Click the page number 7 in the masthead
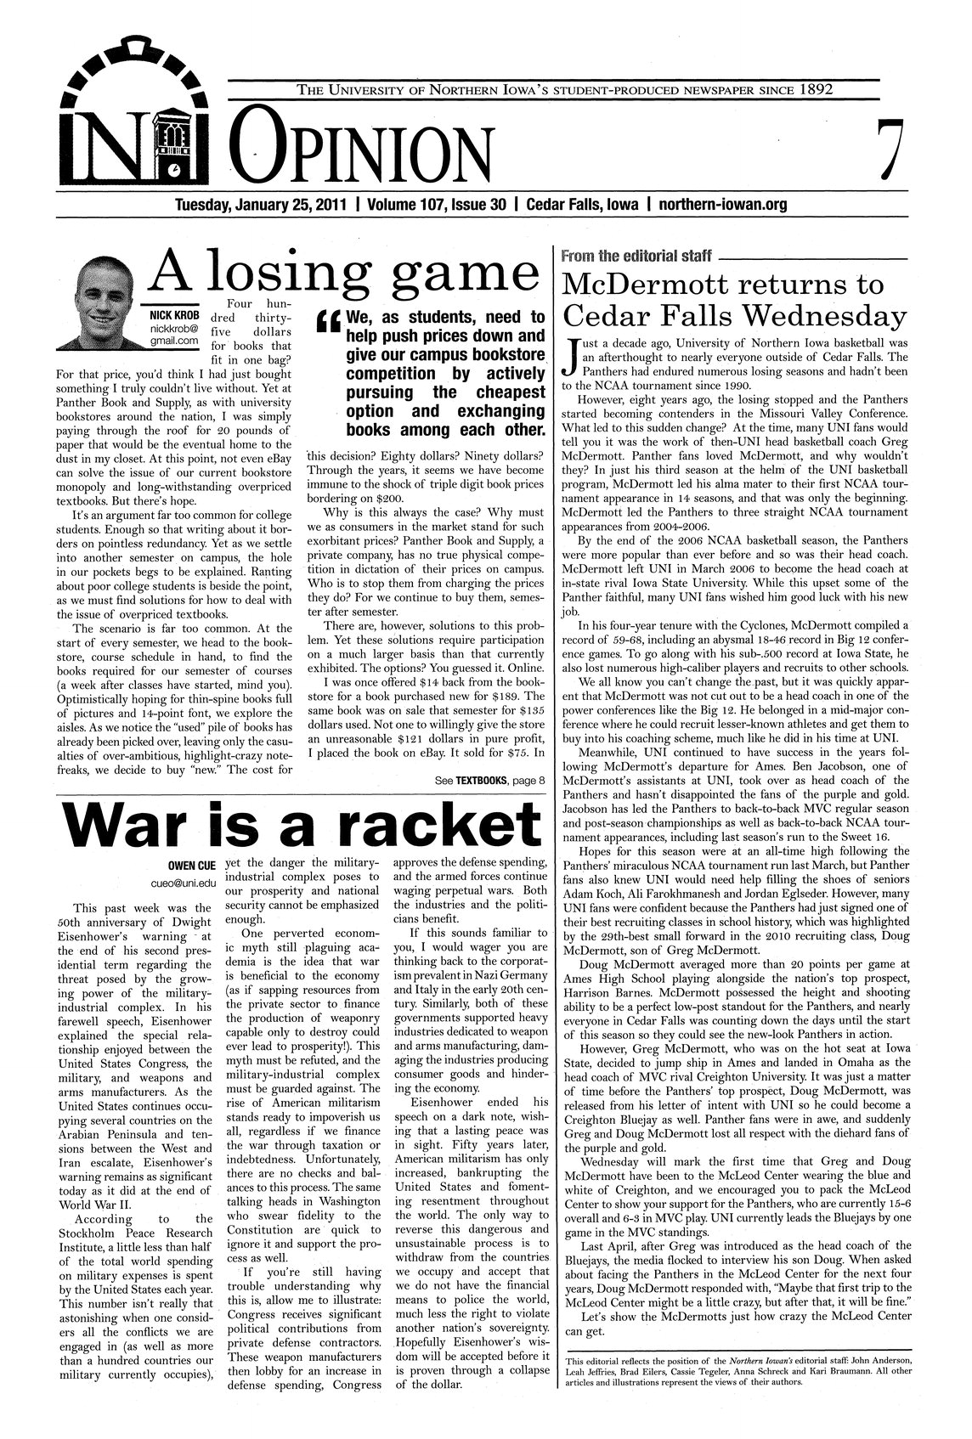tap(884, 150)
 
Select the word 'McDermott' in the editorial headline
tap(651, 285)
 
